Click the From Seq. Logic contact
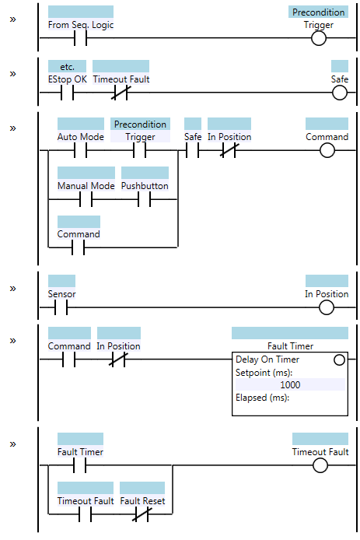pos(81,38)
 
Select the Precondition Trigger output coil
pos(318,38)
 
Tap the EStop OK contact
pos(67,93)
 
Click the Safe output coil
pos(339,93)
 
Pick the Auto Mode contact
pos(81,150)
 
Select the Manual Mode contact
pos(86,199)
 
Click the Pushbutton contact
pos(145,199)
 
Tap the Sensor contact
pos(61,307)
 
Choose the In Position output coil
pos(327,307)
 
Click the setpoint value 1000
pos(290,384)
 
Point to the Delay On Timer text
pos(267,359)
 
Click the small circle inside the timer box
pos(339,360)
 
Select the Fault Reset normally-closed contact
pos(142,514)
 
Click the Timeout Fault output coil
pos(320,465)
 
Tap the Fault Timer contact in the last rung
pos(80,465)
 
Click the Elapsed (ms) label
pos(262,398)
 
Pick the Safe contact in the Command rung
pos(192,150)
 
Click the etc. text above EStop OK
pos(67,66)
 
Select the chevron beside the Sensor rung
pos(12,289)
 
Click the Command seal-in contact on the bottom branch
pos(78,247)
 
